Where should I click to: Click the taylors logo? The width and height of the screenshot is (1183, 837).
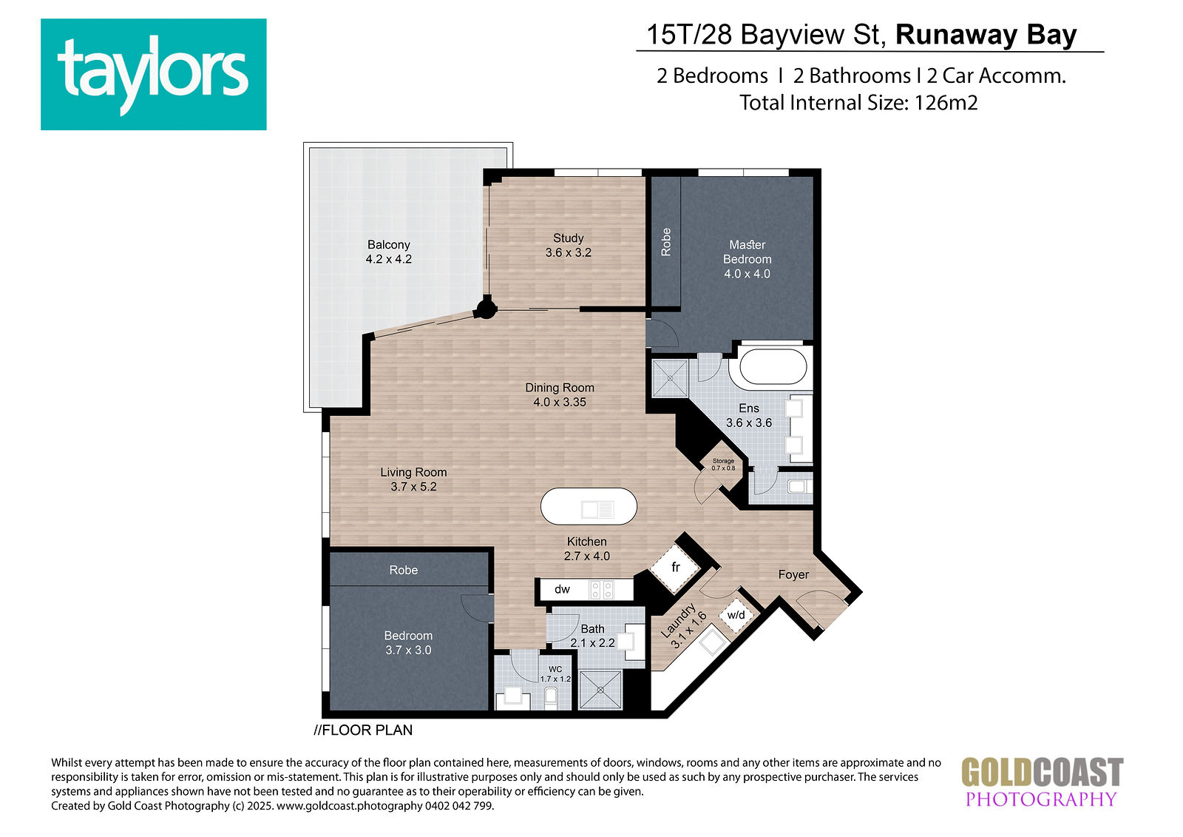[x=153, y=74]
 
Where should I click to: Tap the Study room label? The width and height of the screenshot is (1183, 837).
[x=569, y=246]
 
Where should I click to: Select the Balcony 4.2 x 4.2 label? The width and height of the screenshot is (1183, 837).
[x=389, y=252]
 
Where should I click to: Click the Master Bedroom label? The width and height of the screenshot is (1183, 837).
[x=748, y=259]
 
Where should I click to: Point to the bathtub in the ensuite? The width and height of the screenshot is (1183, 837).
[x=773, y=366]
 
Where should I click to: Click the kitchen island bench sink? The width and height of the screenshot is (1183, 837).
[x=598, y=509]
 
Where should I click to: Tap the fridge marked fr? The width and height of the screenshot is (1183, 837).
[x=676, y=568]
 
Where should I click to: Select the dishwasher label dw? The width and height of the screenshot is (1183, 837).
[x=562, y=589]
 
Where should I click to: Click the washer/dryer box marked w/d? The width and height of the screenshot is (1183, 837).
[x=736, y=615]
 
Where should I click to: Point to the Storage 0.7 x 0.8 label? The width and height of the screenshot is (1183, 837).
[x=723, y=465]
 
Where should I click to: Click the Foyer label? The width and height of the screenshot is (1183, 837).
[x=793, y=575]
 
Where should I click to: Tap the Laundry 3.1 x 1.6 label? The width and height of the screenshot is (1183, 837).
[x=683, y=628]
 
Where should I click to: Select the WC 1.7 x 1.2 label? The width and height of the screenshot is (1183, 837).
[x=555, y=674]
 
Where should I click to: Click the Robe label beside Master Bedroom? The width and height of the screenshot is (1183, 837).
[x=666, y=242]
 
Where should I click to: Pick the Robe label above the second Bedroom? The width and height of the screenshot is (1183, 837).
[x=404, y=570]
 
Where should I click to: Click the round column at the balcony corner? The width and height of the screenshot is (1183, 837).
[x=485, y=308]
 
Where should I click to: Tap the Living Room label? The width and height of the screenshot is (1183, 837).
[x=413, y=479]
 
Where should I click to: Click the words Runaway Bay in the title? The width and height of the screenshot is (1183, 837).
[x=986, y=35]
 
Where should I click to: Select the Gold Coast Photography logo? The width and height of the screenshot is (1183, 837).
[x=1042, y=781]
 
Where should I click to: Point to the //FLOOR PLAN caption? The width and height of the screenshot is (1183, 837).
[x=363, y=730]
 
